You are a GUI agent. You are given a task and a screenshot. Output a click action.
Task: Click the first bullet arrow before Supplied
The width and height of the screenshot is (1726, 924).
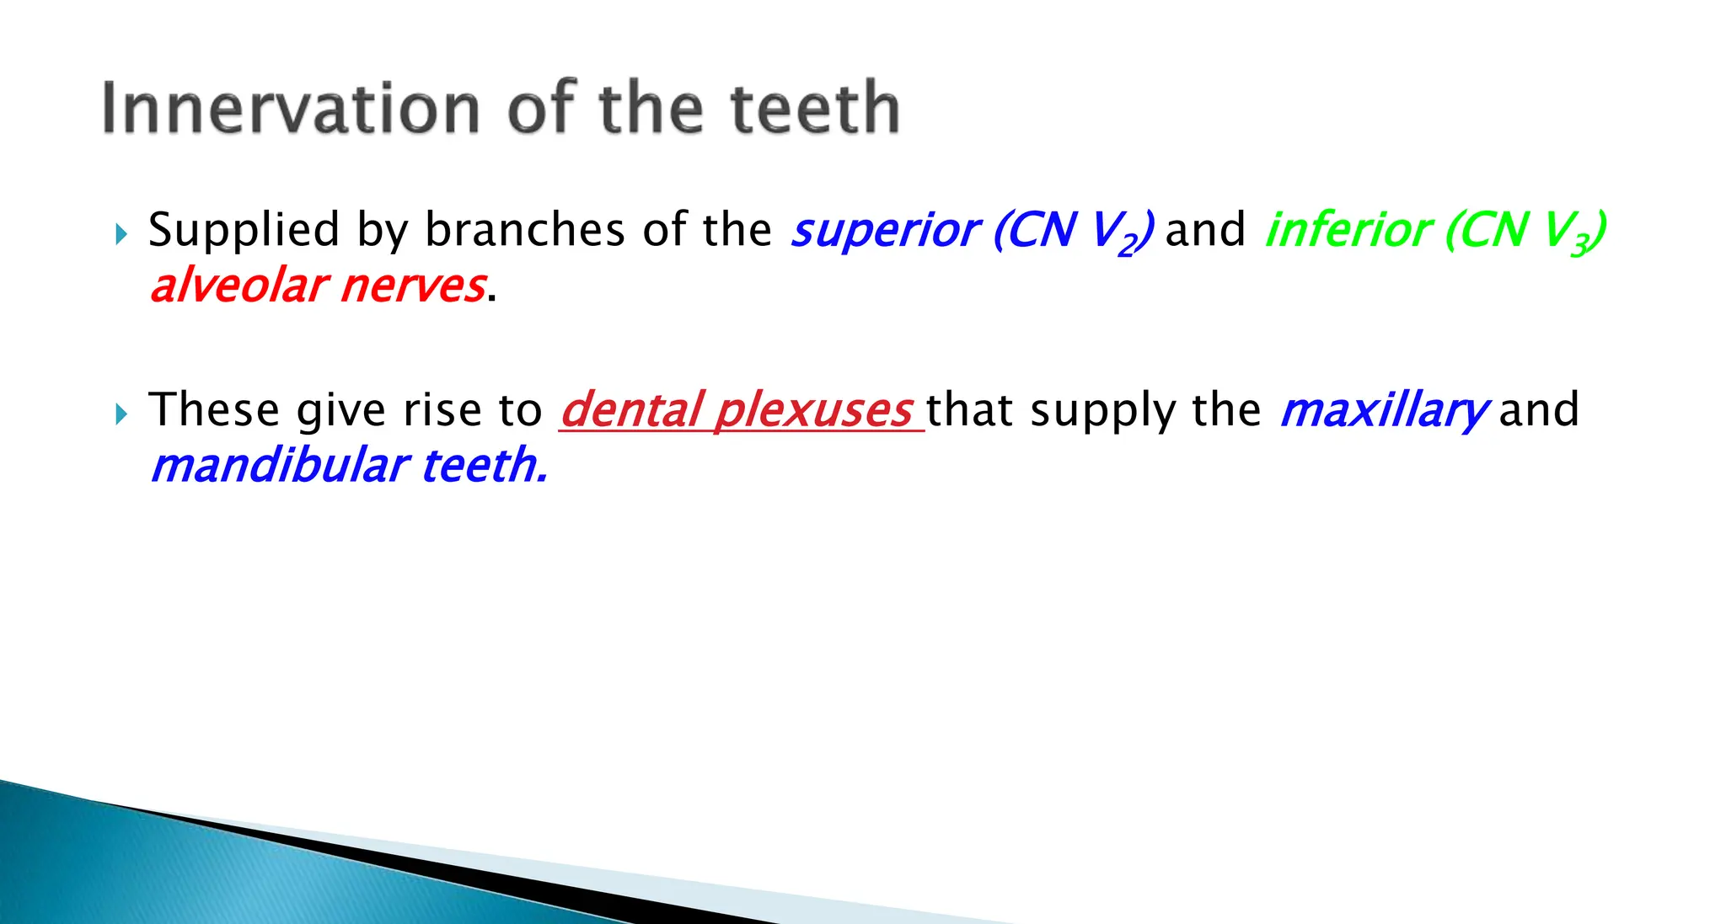pos(121,233)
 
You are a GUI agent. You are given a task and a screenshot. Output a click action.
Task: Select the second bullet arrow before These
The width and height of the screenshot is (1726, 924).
pos(121,414)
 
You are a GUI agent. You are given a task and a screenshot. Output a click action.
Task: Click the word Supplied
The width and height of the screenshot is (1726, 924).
pos(244,231)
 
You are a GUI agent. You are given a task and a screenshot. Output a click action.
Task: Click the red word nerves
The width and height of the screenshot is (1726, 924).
pos(413,286)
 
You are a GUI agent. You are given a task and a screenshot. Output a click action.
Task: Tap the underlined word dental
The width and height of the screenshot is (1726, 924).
pos(631,410)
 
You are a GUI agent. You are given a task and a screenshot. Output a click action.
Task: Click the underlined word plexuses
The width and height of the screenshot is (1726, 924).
pos(813,410)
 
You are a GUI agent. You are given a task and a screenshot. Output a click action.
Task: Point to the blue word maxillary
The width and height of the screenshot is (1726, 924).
pos(1383,410)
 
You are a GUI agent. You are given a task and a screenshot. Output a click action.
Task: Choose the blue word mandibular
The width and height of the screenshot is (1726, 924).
pos(279,466)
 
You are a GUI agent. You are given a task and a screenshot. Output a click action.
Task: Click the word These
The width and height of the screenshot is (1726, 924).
pos(213,410)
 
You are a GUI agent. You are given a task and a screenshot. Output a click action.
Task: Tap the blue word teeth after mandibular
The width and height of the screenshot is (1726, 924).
pos(483,466)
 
